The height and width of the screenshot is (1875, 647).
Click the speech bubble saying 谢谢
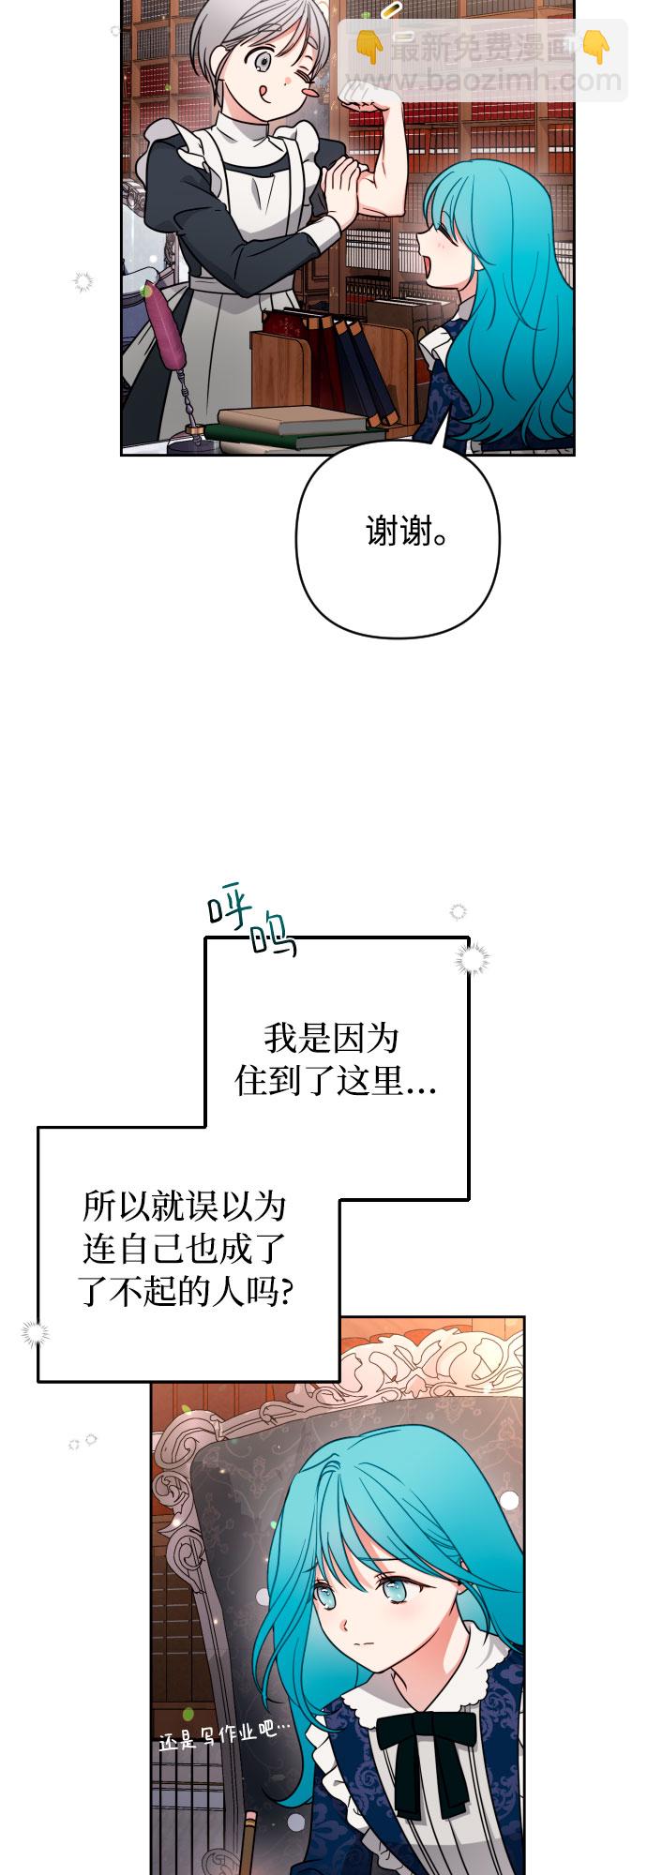[404, 532]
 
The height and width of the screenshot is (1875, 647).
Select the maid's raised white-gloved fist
[360, 93]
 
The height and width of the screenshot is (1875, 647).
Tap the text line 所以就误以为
[183, 1206]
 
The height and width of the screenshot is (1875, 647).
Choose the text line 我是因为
[331, 1038]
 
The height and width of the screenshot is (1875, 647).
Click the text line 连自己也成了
[183, 1249]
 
